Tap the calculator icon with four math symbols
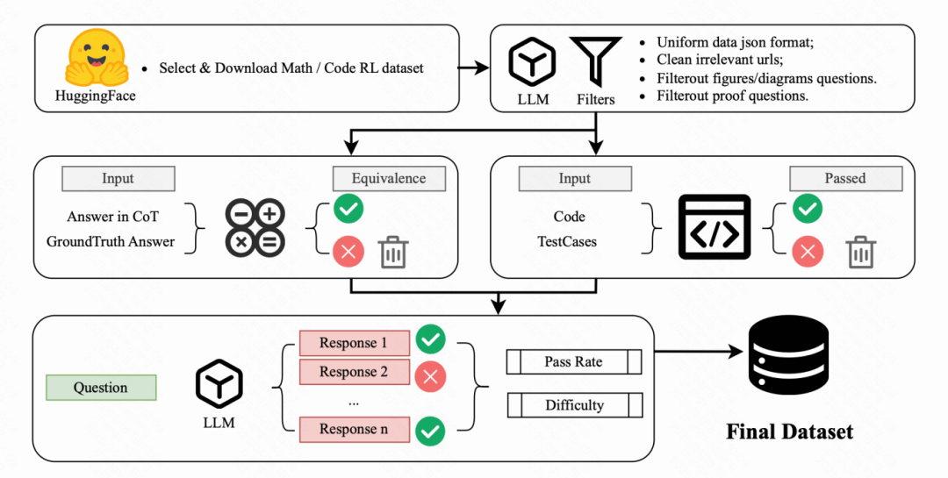tap(255, 228)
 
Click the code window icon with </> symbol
tap(715, 227)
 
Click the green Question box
tap(101, 388)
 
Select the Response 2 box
tap(355, 372)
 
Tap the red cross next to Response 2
tap(430, 377)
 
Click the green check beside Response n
tap(430, 432)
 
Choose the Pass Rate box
tap(574, 362)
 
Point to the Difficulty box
tap(574, 405)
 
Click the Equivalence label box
tap(389, 178)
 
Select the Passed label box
tap(845, 178)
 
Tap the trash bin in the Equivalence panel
tap(393, 252)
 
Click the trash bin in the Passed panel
tap(861, 252)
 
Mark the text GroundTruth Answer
tap(111, 242)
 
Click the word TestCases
tap(567, 242)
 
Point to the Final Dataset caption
tap(790, 432)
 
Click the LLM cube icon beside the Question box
tap(219, 384)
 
